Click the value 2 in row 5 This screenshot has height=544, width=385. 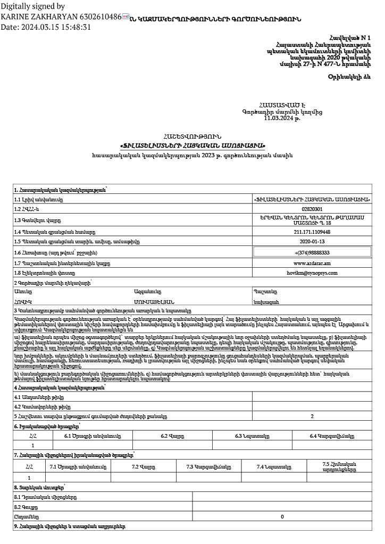312,417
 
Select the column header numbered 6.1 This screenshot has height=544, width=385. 93,436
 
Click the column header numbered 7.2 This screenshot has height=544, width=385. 143,467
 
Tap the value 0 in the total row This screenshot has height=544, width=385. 282,516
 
